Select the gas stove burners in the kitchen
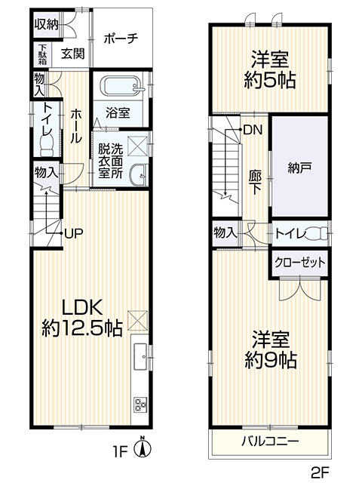coord(140,405)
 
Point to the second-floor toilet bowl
coord(317,234)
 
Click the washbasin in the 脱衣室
coord(140,175)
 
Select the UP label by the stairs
coord(74,234)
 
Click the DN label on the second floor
coord(253,130)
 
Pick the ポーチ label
coord(121,38)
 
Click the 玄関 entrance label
coord(72,54)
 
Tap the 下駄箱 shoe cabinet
coord(42,54)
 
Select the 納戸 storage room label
coord(299,167)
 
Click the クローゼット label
coord(300,263)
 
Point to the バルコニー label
coord(270,441)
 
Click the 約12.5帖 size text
coord(82,329)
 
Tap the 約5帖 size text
coord(270,80)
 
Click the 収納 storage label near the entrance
coord(46,23)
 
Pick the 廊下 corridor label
coord(256,183)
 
